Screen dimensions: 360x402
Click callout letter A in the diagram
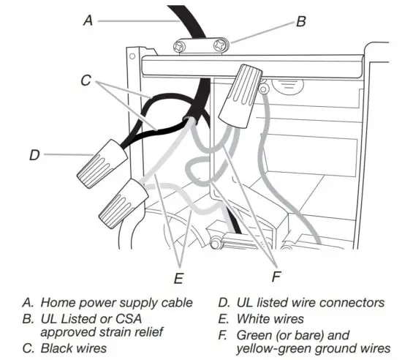88,21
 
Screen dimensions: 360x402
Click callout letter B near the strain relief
300,22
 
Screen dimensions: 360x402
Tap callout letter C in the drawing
87,81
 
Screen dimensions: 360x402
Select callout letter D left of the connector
34,154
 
